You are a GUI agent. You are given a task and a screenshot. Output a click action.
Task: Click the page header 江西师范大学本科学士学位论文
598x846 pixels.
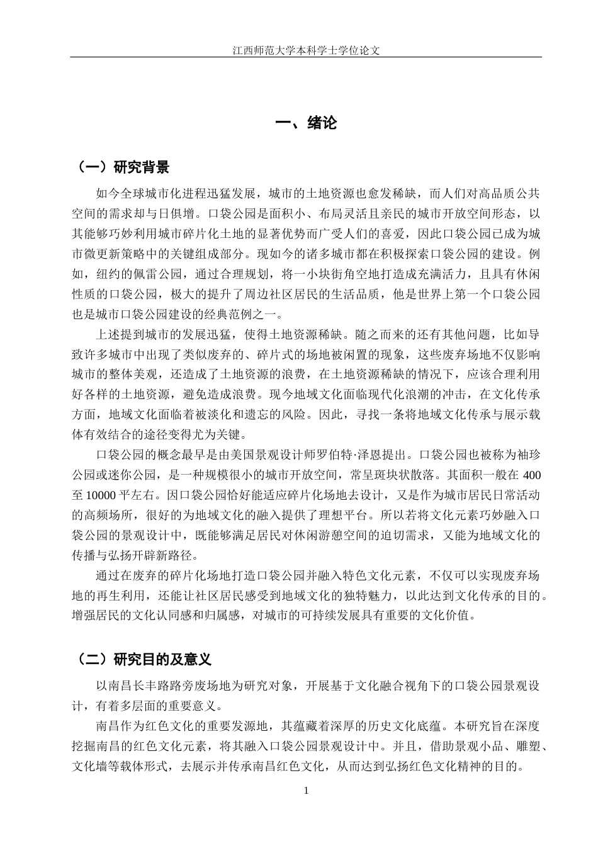(306, 50)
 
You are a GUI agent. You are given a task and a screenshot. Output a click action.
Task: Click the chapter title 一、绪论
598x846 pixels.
(307, 123)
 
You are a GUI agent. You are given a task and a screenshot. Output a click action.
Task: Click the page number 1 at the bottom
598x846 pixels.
(306, 791)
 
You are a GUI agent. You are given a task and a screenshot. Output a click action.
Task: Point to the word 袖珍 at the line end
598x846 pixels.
(527, 454)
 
